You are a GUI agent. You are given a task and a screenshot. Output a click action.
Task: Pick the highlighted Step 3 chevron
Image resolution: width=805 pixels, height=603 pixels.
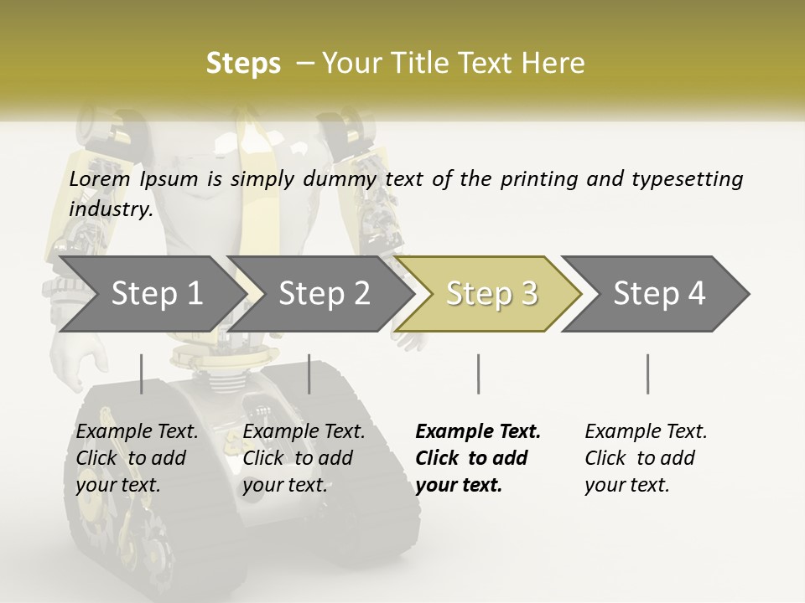click(x=491, y=294)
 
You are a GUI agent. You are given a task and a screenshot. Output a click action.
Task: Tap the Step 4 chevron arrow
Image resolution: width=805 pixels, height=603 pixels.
click(x=659, y=294)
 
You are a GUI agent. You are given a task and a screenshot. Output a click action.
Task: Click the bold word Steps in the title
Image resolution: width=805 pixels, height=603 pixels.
click(x=243, y=64)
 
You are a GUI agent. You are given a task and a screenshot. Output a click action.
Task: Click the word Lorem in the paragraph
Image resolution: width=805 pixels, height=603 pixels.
click(x=100, y=179)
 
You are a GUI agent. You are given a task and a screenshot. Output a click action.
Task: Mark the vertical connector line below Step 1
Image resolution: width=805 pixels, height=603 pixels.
click(x=141, y=374)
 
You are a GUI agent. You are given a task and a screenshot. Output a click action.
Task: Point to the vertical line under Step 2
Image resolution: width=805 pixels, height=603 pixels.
click(x=309, y=374)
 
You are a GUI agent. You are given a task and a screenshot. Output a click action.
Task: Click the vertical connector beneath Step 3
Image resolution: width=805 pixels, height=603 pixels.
click(x=478, y=374)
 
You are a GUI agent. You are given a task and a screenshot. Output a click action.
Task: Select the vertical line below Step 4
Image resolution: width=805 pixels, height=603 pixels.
click(x=647, y=374)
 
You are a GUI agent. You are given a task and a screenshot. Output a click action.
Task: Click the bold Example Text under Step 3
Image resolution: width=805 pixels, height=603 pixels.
click(x=478, y=432)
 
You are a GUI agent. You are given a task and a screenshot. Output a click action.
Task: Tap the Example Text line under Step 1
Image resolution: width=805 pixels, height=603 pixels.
click(x=138, y=432)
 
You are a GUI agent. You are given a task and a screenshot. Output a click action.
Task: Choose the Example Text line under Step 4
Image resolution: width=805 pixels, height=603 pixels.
click(x=646, y=432)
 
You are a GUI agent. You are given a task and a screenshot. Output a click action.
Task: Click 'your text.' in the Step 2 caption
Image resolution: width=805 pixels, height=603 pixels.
click(x=284, y=485)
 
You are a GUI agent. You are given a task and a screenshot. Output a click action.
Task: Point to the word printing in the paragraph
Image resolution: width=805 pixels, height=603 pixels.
click(x=539, y=179)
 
